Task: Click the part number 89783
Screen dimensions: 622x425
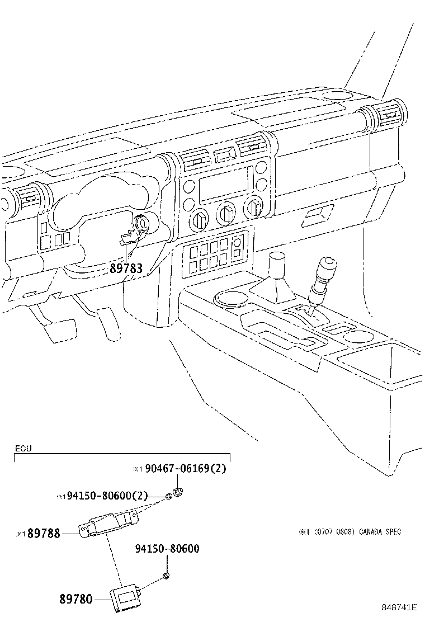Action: [x=126, y=268]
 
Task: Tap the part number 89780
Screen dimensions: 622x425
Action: [x=76, y=599]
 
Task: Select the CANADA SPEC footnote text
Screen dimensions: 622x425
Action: [x=350, y=532]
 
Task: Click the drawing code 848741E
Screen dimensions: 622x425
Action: [x=399, y=607]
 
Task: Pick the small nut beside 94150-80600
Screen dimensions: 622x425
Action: [x=167, y=576]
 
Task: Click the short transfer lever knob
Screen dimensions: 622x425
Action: [x=277, y=263]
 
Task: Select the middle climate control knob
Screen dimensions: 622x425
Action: [x=226, y=213]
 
